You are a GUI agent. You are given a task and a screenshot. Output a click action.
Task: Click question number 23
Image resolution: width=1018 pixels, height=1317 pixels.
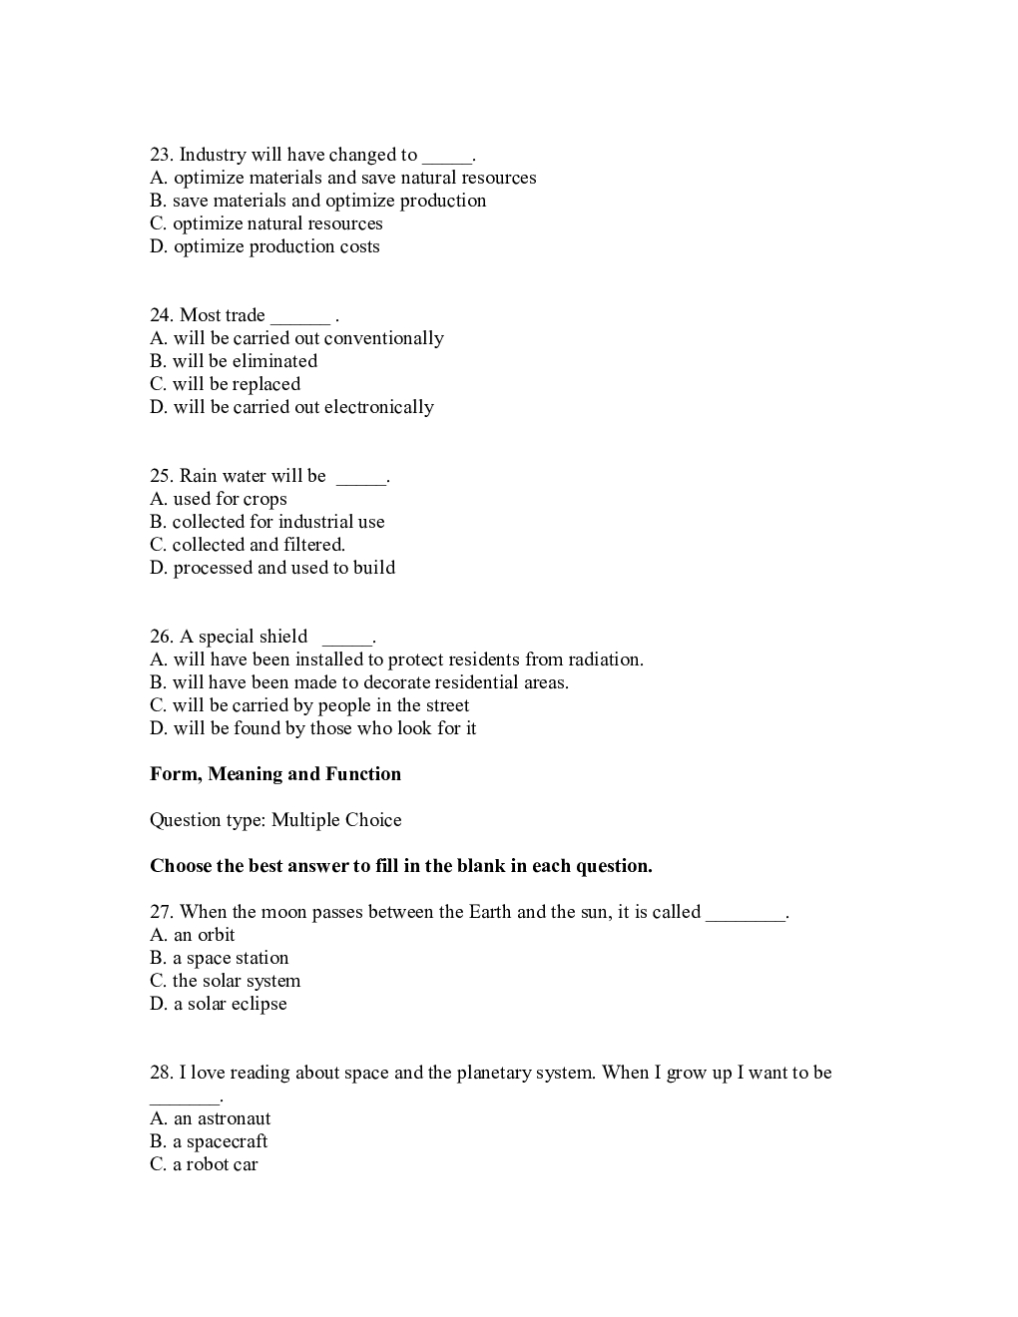[x=161, y=155]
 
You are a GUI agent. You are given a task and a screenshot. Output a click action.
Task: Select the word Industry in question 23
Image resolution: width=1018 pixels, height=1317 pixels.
[x=212, y=155]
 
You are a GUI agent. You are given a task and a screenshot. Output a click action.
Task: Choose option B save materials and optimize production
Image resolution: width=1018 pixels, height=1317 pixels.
[x=318, y=201]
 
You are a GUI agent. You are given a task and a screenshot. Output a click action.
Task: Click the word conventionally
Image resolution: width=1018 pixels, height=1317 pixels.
[x=384, y=338]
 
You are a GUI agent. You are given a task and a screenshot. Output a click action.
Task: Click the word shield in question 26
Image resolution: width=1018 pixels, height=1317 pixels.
[x=282, y=637]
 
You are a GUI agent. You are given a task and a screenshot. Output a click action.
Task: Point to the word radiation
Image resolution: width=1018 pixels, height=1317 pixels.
[x=605, y=659]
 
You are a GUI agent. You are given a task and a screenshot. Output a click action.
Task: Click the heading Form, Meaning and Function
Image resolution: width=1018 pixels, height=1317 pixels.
[x=275, y=774]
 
